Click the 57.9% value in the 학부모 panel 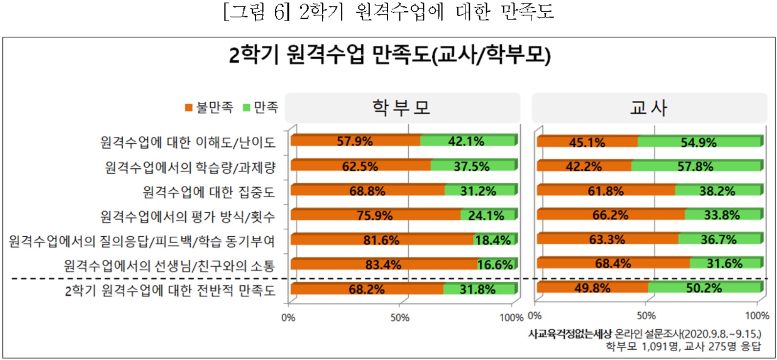pos(355,141)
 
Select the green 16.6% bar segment pos(495,265)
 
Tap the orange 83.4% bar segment pos(383,265)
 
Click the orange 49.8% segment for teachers pos(592,288)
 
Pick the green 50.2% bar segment pos(704,288)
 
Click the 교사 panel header pos(648,108)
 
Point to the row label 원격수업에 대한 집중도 pos(208,192)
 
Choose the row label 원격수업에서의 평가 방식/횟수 pos(187,216)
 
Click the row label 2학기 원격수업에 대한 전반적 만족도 pos(170,291)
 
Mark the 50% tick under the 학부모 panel pos(400,317)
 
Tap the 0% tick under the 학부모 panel pos(289,317)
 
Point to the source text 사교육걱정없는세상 pos(570,334)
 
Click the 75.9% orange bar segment pos(375,215)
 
